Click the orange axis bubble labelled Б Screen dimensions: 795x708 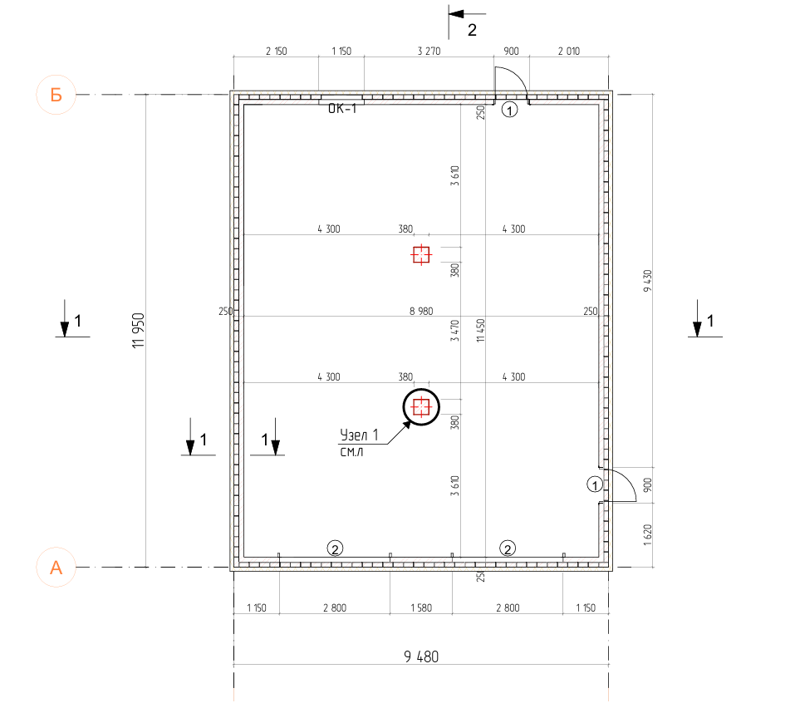tap(56, 95)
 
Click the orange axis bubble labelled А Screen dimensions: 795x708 tap(56, 567)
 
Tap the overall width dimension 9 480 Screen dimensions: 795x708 tap(421, 656)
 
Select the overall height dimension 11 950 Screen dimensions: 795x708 tap(138, 330)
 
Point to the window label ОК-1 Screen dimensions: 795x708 tap(342, 109)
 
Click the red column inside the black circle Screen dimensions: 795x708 tap(421, 406)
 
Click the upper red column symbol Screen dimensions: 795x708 tap(421, 254)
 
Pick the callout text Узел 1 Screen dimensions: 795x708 tap(359, 435)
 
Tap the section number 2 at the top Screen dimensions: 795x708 tap(472, 31)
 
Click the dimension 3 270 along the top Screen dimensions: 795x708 tap(429, 52)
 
